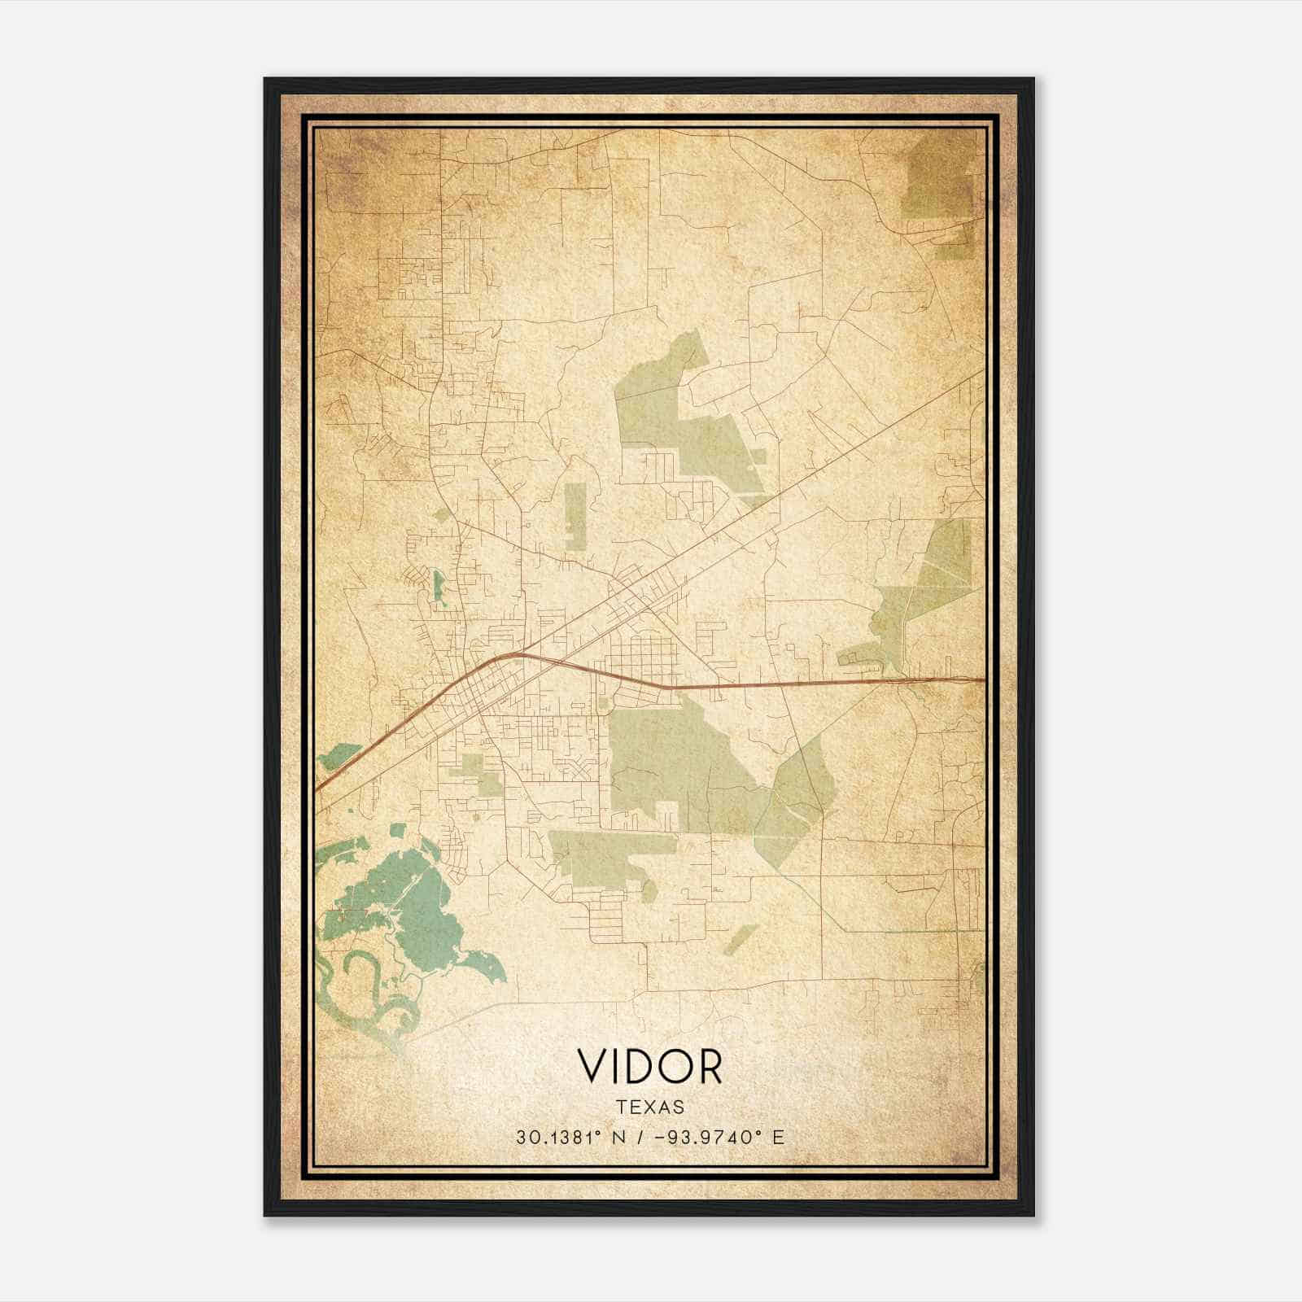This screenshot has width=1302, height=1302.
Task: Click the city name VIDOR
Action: click(649, 1066)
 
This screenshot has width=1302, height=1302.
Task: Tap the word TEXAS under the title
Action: click(650, 1108)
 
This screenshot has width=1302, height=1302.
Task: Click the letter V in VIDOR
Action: click(592, 1066)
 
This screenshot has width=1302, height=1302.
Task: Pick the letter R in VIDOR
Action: click(710, 1066)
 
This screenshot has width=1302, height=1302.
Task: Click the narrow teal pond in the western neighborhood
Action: click(439, 587)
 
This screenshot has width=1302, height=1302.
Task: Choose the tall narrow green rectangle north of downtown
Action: click(575, 517)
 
